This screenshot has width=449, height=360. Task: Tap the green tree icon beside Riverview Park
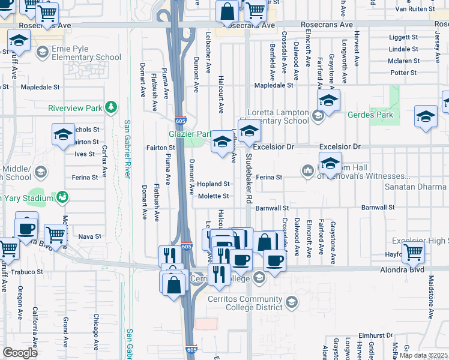pyautogui.click(x=110, y=107)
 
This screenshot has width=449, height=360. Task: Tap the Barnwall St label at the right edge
pyautogui.click(x=378, y=208)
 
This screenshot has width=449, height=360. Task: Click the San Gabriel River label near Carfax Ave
pyautogui.click(x=127, y=150)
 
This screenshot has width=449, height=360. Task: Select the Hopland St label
pyautogui.click(x=214, y=184)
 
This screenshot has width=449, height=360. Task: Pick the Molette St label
pyautogui.click(x=214, y=196)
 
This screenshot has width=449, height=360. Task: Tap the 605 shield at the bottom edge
pyautogui.click(x=191, y=349)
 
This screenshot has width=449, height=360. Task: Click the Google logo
pyautogui.click(x=20, y=353)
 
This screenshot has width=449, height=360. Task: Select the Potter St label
pyautogui.click(x=403, y=73)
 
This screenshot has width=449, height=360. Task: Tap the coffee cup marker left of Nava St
pyautogui.click(x=26, y=229)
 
